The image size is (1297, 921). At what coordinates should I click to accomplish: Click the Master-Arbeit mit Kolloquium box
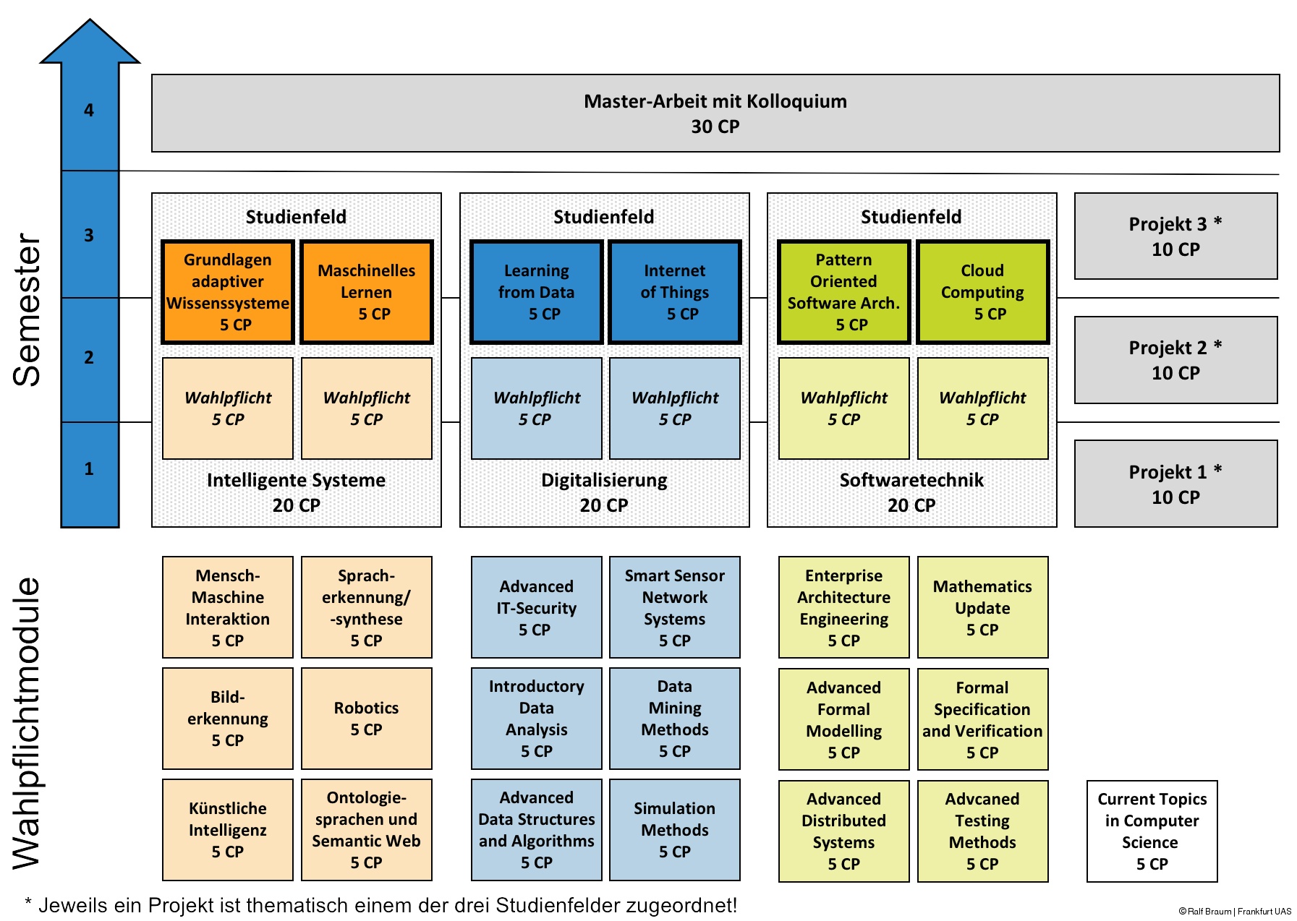pyautogui.click(x=715, y=113)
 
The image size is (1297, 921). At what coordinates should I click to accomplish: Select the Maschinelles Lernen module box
pyautogui.click(x=367, y=292)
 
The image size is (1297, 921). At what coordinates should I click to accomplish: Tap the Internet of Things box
pyautogui.click(x=675, y=292)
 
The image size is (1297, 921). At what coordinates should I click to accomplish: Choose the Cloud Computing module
pyautogui.click(x=982, y=292)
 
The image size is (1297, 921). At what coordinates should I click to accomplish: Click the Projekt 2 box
pyautogui.click(x=1176, y=360)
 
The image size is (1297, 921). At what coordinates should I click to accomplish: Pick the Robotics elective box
pyautogui.click(x=367, y=719)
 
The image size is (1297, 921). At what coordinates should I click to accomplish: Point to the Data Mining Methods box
pyautogui.click(x=675, y=719)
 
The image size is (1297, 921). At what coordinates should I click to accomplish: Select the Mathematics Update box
pyautogui.click(x=982, y=607)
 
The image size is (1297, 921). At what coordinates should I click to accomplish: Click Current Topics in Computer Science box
pyautogui.click(x=1152, y=831)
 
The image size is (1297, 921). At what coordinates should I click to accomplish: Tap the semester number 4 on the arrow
pyautogui.click(x=89, y=111)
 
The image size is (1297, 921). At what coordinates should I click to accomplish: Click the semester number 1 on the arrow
pyautogui.click(x=89, y=468)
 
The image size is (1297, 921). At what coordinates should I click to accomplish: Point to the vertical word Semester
pyautogui.click(x=27, y=310)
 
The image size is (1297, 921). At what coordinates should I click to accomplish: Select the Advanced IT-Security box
pyautogui.click(x=537, y=607)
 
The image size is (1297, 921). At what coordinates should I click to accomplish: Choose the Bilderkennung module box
pyautogui.click(x=228, y=719)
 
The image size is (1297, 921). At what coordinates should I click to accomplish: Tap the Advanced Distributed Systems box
pyautogui.click(x=844, y=831)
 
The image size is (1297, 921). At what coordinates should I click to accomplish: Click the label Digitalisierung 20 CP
pyautogui.click(x=604, y=492)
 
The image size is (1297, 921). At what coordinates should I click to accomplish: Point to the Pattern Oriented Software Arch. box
pyautogui.click(x=844, y=292)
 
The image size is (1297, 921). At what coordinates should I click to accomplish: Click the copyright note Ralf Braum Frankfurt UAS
pyautogui.click(x=1235, y=912)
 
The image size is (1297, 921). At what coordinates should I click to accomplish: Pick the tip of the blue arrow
pyautogui.click(x=90, y=20)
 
